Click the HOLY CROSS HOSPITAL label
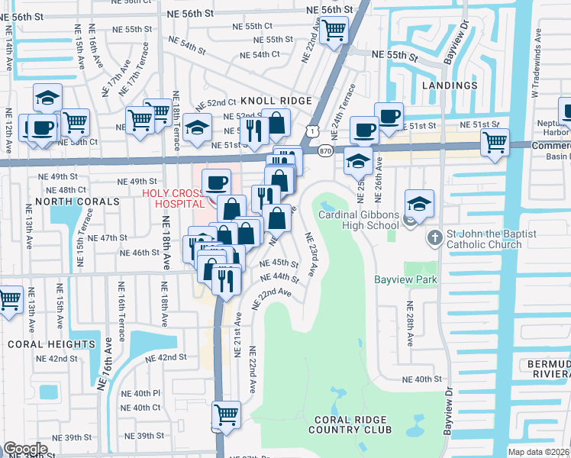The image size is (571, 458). tap(173, 198)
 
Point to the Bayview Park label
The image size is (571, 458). tap(405, 280)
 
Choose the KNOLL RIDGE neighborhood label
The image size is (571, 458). tap(276, 101)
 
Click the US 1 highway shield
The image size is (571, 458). tap(311, 131)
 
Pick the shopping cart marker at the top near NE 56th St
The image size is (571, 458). tap(334, 31)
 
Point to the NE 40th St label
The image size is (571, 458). tap(422, 379)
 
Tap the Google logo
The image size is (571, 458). tap(25, 449)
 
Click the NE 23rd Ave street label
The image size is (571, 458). tap(311, 254)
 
